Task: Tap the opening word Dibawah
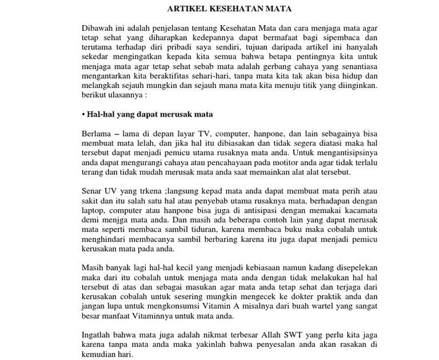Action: coord(99,27)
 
